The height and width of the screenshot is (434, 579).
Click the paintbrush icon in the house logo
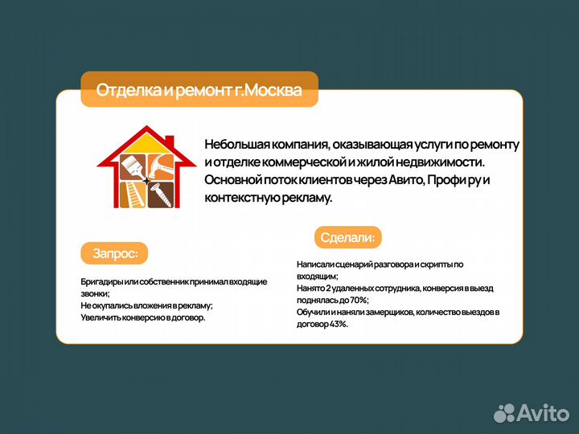pyautogui.click(x=129, y=167)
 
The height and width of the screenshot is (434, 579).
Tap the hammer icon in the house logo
pyautogui.click(x=159, y=166)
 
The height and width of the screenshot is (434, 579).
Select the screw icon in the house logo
pyautogui.click(x=159, y=193)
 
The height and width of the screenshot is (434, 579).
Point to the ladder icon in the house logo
pyautogui.click(x=130, y=193)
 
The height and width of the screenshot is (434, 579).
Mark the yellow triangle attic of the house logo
pyautogui.click(x=145, y=145)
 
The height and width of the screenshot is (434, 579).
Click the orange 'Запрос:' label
pyautogui.click(x=115, y=253)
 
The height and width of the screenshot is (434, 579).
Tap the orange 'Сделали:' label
pyautogui.click(x=347, y=237)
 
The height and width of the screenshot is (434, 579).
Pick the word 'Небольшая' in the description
pyautogui.click(x=234, y=145)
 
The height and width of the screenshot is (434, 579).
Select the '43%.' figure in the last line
pyautogui.click(x=337, y=324)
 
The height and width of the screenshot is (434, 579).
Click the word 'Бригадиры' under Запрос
pyautogui.click(x=100, y=281)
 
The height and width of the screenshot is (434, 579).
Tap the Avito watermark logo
pyautogui.click(x=532, y=412)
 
